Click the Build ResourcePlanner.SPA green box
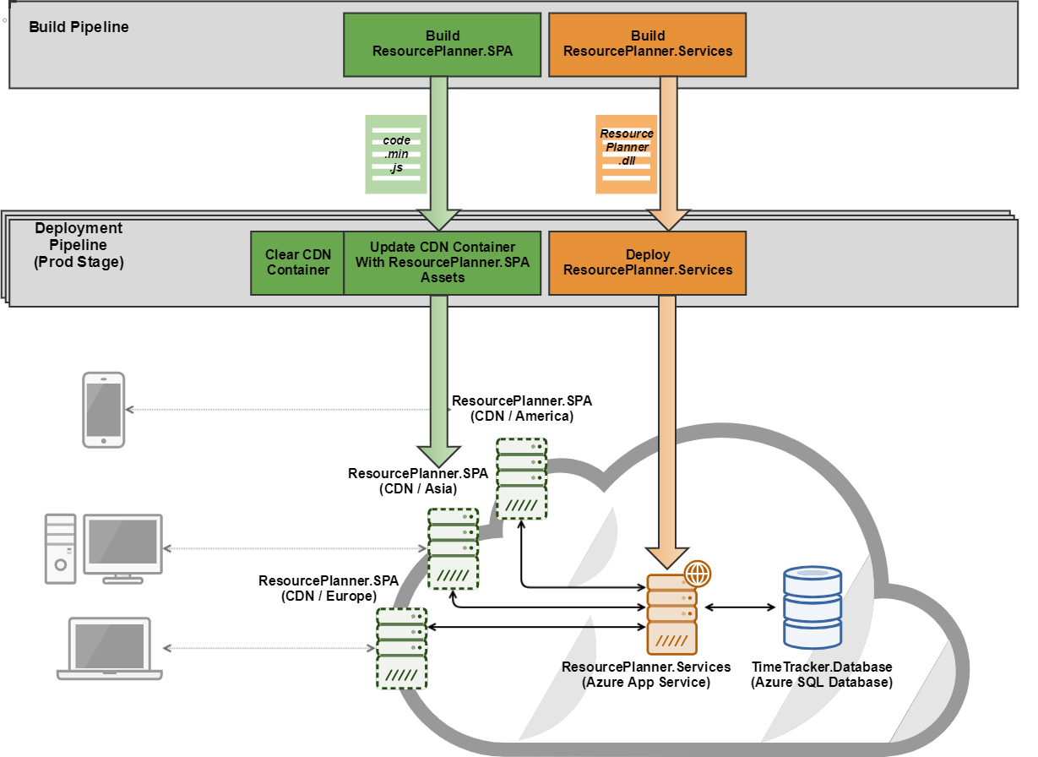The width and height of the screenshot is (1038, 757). tap(443, 44)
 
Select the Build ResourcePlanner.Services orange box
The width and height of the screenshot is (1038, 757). tap(648, 44)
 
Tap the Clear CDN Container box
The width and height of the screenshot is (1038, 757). tap(297, 262)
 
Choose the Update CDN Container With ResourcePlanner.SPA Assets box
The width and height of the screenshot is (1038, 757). tap(442, 262)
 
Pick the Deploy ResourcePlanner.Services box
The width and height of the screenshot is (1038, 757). tap(648, 262)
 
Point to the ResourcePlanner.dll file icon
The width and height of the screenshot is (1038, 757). tap(626, 154)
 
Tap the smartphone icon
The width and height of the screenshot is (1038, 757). tap(103, 410)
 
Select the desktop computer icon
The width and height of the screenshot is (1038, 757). tap(103, 549)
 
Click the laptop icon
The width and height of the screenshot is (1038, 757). tap(110, 649)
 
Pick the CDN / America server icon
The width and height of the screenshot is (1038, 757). tap(521, 478)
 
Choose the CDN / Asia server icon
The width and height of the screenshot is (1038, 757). tap(453, 549)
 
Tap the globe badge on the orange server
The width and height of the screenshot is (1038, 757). tap(698, 574)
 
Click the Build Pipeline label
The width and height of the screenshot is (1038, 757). tap(79, 27)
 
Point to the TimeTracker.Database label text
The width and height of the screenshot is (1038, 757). tap(821, 667)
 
